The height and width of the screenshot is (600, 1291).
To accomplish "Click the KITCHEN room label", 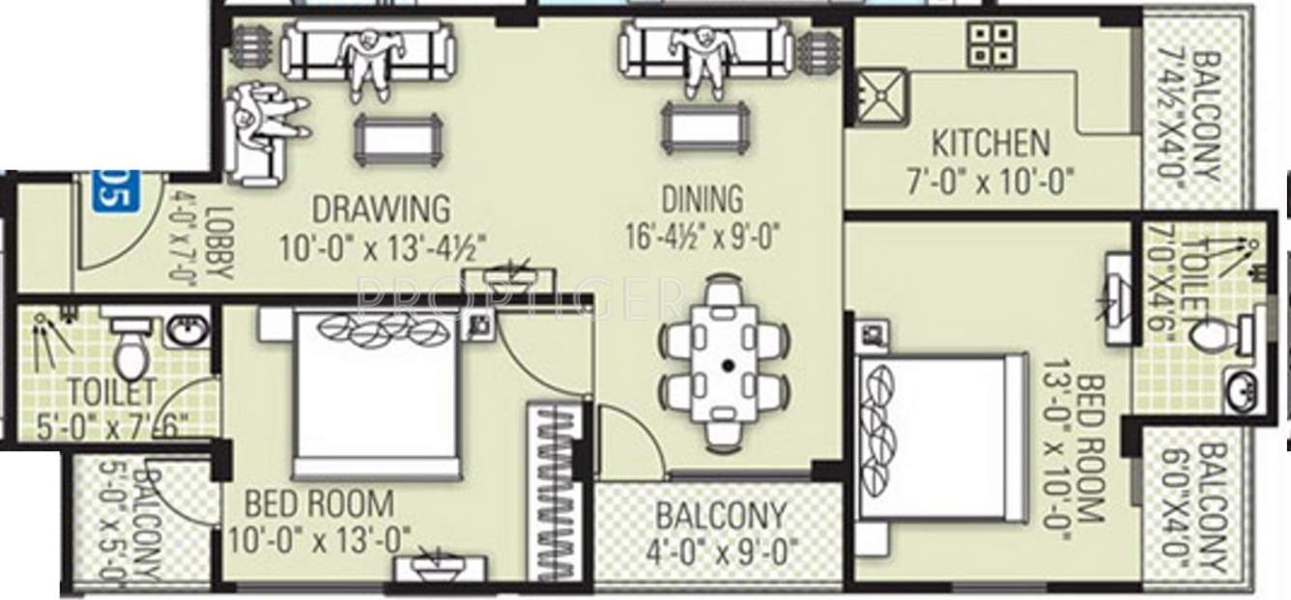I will pyautogui.click(x=990, y=144).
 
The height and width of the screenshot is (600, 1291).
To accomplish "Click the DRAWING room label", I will pyautogui.click(x=380, y=209).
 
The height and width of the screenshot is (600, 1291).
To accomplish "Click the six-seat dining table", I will pyautogui.click(x=726, y=365).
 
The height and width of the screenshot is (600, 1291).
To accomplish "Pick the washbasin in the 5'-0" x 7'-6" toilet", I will pyautogui.click(x=186, y=331).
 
